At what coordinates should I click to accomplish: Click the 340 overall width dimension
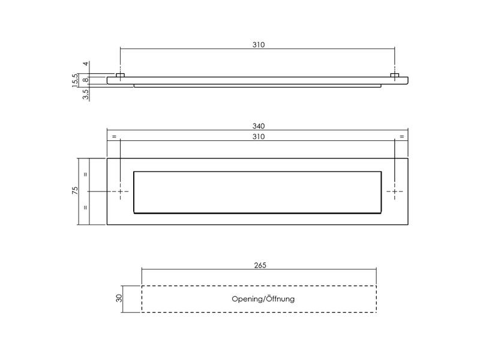tap(259, 126)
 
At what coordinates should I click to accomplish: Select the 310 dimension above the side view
tap(259, 44)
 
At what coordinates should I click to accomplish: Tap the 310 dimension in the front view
tap(259, 137)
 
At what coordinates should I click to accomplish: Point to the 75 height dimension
tap(74, 191)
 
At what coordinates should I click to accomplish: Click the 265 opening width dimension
tap(260, 265)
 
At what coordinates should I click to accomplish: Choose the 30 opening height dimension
tap(119, 298)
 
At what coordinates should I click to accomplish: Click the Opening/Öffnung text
tap(263, 299)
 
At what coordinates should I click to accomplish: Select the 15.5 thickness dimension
tap(75, 80)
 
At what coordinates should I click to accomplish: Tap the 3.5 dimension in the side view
tap(86, 94)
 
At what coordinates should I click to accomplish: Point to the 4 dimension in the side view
tap(86, 64)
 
